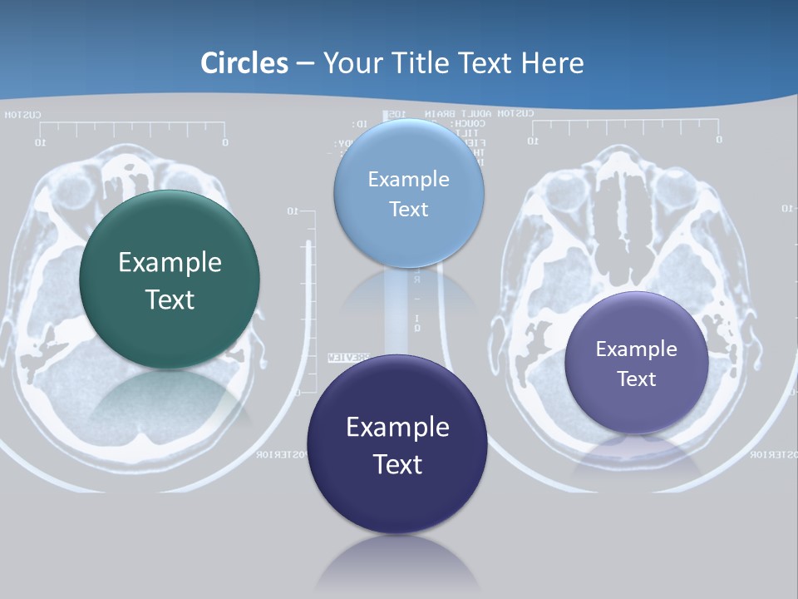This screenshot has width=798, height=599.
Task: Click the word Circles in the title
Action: [x=244, y=63]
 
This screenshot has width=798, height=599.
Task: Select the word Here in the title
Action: [x=552, y=63]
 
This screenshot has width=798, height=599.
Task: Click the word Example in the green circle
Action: [x=170, y=263]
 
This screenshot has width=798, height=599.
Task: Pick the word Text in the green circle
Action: [x=170, y=299]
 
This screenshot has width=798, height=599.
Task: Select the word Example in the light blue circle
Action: [x=408, y=179]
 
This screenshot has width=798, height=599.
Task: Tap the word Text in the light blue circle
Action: [x=408, y=209]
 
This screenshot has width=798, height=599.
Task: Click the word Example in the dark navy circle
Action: [x=397, y=428]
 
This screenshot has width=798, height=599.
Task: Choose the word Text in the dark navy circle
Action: [x=397, y=464]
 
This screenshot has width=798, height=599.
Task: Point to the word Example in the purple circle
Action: [x=636, y=349]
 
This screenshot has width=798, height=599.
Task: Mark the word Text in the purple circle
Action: [x=636, y=379]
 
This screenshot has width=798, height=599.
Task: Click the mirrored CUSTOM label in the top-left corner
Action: [x=22, y=115]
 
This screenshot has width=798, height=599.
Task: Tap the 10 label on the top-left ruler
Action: [x=39, y=143]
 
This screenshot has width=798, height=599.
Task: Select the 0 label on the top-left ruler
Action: [x=224, y=143]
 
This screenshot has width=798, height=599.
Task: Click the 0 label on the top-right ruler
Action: [x=718, y=140]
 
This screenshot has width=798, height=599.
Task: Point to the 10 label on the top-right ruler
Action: [x=533, y=141]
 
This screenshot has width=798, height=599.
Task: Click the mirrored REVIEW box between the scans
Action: [x=349, y=358]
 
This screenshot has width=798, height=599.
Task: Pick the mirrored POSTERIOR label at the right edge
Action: [x=773, y=454]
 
